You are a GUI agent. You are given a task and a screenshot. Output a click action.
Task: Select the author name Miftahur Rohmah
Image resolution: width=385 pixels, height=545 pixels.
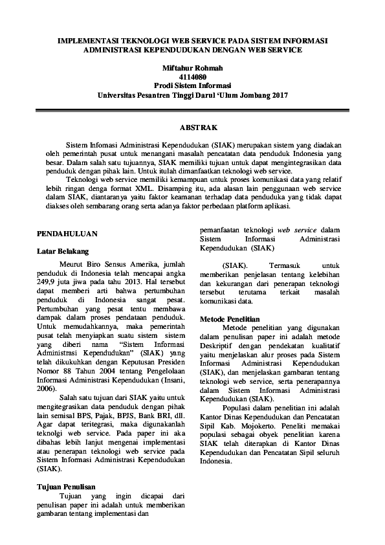pyautogui.click(x=192, y=67)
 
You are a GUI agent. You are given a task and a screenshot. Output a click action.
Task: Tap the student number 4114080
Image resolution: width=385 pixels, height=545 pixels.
pyautogui.click(x=192, y=76)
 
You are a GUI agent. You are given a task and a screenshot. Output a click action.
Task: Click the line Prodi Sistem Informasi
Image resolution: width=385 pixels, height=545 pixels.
pyautogui.click(x=192, y=85)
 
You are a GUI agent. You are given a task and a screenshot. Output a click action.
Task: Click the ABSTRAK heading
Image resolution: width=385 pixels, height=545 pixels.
pyautogui.click(x=192, y=128)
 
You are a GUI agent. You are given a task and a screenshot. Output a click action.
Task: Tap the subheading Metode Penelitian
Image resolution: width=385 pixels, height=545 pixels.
pyautogui.click(x=230, y=320)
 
